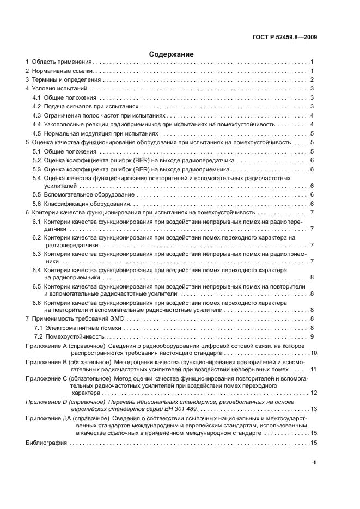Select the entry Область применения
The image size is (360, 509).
62,63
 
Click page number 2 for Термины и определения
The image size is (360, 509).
311,80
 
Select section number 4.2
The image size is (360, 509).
36,107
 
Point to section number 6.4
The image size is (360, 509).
36,270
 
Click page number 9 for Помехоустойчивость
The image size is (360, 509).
311,336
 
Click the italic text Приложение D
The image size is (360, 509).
46,401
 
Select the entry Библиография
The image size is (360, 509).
46,443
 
